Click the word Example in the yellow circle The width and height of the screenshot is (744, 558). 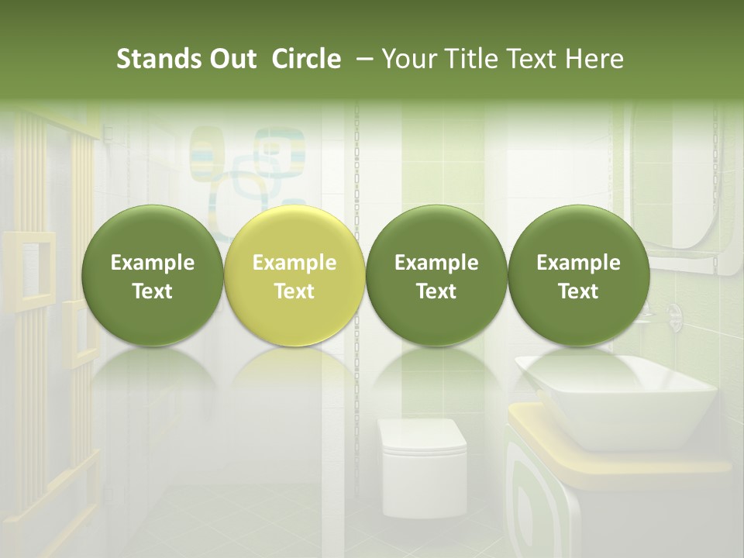(x=294, y=263)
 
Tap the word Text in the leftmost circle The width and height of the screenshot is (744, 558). (x=153, y=291)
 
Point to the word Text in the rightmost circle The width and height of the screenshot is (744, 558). (x=578, y=291)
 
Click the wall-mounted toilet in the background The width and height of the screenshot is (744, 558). (x=423, y=465)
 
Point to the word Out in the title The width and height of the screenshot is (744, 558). (x=230, y=59)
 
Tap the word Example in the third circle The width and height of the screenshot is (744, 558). (x=436, y=263)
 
